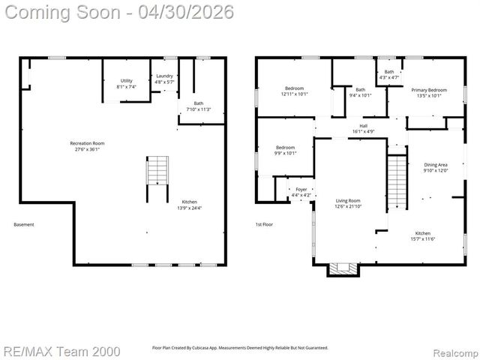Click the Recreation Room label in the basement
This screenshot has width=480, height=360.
pos(87,145)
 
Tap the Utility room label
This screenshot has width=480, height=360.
pos(126,83)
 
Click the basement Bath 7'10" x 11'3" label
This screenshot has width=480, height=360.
pos(198,106)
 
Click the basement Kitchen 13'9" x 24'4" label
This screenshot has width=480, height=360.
pos(190,205)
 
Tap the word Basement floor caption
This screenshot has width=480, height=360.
pos(24,224)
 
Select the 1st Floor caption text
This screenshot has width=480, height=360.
pos(265,224)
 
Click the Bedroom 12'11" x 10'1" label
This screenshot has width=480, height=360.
pos(294,91)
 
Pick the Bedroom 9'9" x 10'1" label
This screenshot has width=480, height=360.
pos(286,150)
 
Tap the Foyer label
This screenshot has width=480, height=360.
pos(301,192)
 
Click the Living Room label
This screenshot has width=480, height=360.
pos(348,203)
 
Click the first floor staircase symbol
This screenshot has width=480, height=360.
pos(396,182)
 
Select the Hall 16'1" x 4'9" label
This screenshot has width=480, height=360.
pos(363,128)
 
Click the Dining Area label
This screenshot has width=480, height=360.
pos(436,167)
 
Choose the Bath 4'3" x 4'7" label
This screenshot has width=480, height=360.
pos(389,74)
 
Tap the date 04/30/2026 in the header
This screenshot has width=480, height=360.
pos(181,12)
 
